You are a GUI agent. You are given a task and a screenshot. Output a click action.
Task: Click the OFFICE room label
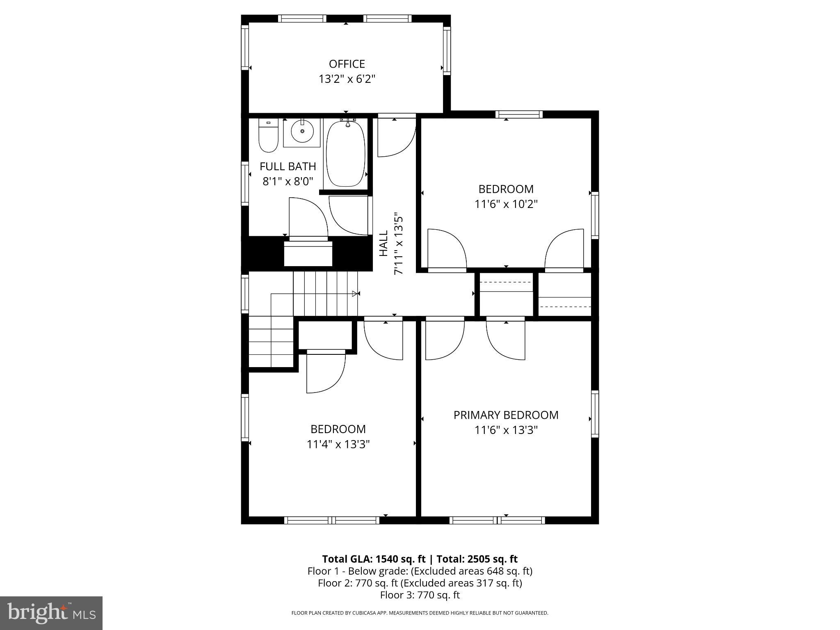[347, 64]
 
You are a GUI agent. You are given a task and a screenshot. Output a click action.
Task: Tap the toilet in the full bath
[268, 136]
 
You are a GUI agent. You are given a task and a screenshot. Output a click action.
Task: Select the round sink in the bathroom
[302, 131]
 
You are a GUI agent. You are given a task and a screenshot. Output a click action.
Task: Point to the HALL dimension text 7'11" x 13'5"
[398, 244]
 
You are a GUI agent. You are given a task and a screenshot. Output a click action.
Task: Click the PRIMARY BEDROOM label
[506, 415]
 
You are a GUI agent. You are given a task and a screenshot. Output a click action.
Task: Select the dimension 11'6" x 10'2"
[506, 204]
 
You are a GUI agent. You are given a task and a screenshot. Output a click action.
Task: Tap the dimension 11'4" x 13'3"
[338, 444]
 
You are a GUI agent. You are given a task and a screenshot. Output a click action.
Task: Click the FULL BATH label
[288, 167]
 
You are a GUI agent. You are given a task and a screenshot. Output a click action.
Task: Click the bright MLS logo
[51, 613]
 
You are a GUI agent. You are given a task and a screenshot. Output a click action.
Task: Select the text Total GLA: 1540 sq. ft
[374, 559]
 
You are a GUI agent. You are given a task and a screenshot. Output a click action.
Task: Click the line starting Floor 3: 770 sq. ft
[420, 595]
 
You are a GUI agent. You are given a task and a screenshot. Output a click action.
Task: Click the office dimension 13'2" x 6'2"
[347, 79]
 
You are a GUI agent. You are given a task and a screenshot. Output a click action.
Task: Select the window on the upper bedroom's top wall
[518, 114]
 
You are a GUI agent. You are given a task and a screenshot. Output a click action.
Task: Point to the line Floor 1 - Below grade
[420, 571]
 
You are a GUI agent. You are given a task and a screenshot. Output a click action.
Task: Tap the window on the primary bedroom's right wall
[595, 414]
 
